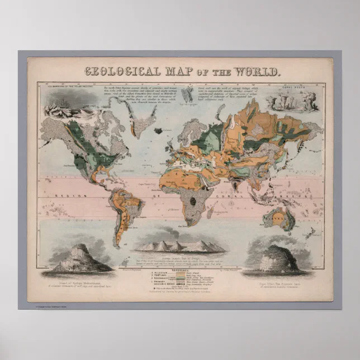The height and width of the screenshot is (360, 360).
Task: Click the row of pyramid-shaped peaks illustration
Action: [180, 245]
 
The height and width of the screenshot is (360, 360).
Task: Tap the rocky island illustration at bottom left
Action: [78, 258]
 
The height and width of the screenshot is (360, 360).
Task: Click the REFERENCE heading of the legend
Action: [180, 268]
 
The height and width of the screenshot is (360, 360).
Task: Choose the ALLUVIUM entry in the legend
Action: [166, 272]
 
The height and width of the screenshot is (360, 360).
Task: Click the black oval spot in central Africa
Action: [193, 200]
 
